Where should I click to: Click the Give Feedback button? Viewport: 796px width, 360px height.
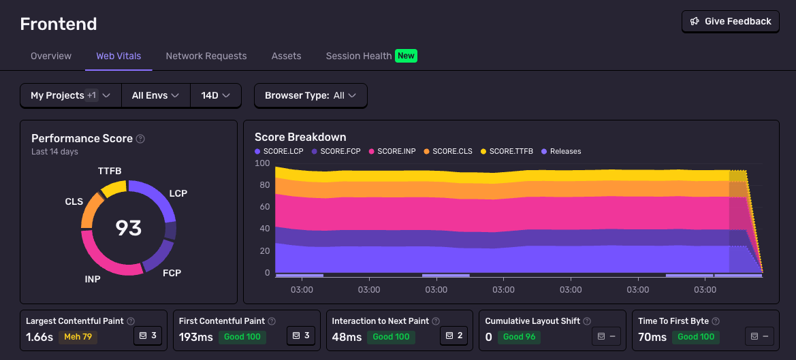[x=731, y=21]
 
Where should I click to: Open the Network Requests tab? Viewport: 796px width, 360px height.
[x=206, y=56]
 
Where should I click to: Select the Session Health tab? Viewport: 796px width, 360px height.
[x=359, y=56]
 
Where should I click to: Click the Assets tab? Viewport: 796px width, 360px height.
[x=286, y=56]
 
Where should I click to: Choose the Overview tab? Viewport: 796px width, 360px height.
[x=51, y=56]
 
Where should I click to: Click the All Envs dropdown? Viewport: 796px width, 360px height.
[x=155, y=95]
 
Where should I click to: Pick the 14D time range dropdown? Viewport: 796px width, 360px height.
[x=216, y=95]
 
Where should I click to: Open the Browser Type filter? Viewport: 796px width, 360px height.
[x=311, y=95]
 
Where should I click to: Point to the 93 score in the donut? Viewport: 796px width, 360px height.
[x=129, y=227]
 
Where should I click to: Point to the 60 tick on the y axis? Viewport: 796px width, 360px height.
[x=262, y=207]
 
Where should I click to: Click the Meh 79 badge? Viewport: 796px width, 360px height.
[x=78, y=336]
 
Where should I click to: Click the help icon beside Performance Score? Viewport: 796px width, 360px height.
[x=140, y=139]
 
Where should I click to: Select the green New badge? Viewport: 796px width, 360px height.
[x=407, y=56]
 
